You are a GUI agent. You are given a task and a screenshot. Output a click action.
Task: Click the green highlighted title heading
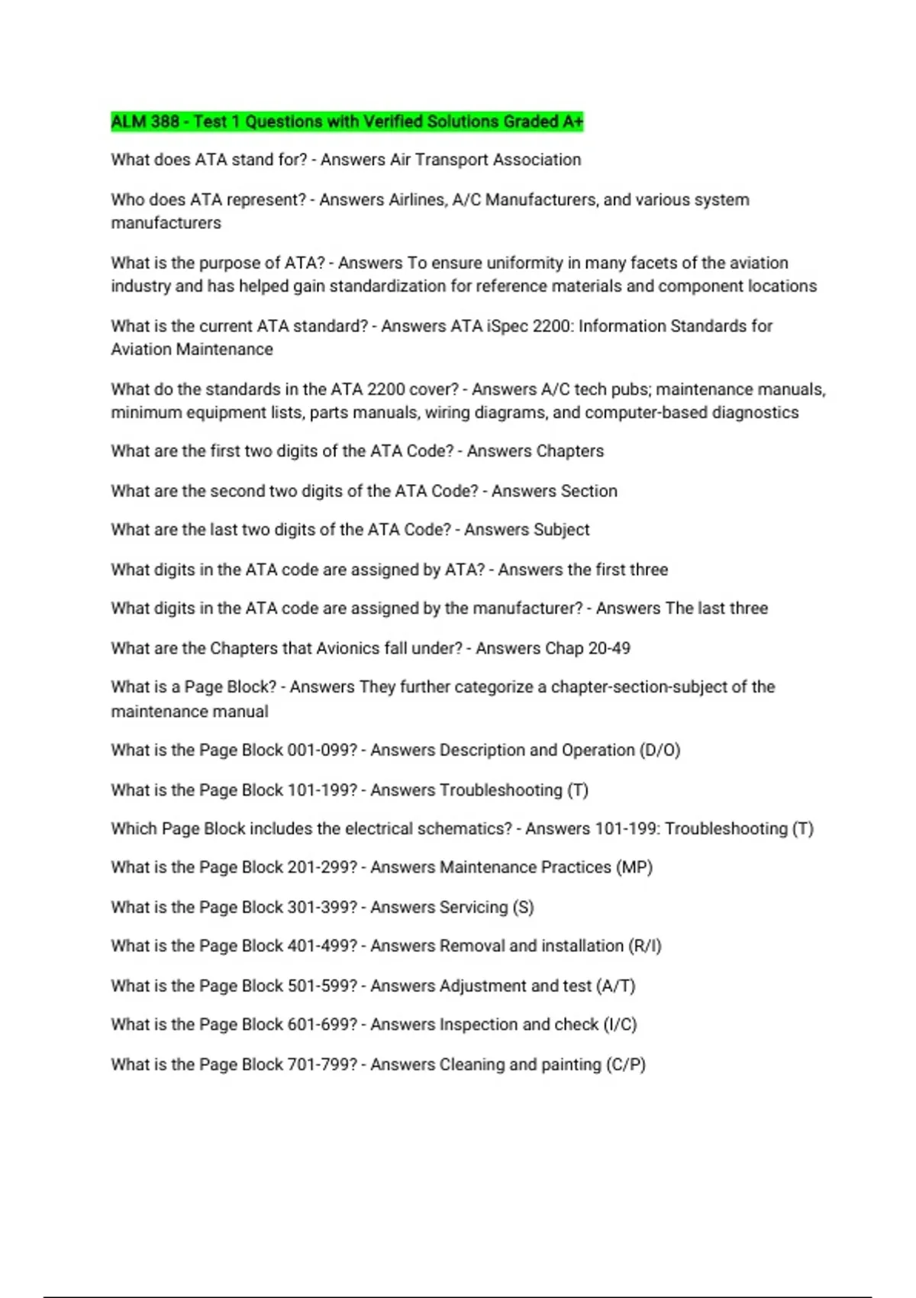tap(347, 121)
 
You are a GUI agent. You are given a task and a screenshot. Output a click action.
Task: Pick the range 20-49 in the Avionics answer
tap(609, 648)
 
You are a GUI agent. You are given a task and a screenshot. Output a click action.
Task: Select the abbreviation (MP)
tap(634, 867)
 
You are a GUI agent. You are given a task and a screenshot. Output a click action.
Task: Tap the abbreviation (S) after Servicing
tap(524, 907)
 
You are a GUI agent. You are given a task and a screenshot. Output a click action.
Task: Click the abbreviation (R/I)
tap(644, 946)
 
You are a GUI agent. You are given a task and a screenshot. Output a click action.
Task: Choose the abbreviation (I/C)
tap(620, 1025)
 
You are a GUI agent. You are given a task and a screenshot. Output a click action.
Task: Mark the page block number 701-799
tap(321, 1064)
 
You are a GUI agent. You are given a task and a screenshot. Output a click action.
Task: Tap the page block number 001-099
tap(321, 751)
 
